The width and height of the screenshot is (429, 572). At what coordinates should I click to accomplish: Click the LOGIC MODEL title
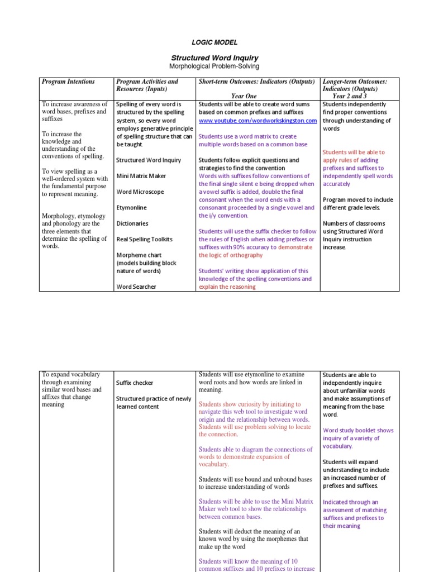point(215,42)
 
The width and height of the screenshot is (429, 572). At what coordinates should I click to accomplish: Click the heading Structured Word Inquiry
point(214,58)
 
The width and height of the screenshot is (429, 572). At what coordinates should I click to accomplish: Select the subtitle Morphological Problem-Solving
point(214,67)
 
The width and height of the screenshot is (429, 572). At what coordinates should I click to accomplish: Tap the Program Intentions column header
point(68,82)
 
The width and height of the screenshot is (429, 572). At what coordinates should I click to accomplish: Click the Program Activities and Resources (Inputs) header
point(147,85)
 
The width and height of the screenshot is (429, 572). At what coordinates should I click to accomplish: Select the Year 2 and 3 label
point(350,96)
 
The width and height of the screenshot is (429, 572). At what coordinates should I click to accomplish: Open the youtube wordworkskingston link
point(258,121)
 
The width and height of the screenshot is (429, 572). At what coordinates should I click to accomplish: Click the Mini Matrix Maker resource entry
point(141,176)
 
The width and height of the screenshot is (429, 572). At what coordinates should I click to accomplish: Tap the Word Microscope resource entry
point(140,192)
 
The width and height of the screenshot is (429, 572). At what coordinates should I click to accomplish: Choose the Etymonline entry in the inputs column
point(132,207)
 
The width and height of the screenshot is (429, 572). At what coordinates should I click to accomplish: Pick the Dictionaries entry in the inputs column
point(132,223)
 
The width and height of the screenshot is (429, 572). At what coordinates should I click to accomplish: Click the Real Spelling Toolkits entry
point(144,239)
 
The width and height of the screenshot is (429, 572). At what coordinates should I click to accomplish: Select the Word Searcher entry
point(136,287)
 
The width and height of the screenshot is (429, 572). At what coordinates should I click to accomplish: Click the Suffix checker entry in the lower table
point(134,383)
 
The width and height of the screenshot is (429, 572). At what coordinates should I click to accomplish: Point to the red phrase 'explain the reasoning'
point(227,287)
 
